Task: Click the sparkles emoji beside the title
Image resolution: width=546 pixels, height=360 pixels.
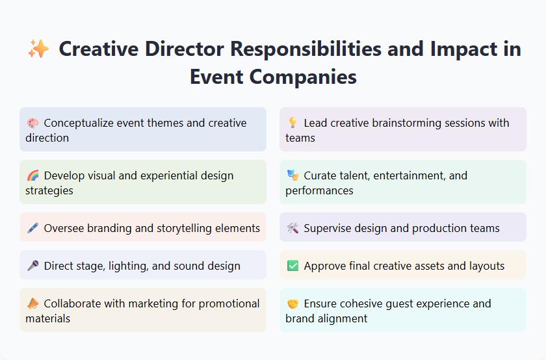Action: point(38,49)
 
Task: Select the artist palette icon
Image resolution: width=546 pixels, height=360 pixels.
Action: point(32,123)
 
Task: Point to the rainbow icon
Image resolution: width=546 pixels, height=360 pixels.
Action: point(32,175)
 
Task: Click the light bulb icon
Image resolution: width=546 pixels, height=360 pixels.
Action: point(292,123)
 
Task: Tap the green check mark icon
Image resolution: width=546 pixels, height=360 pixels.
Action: point(292,266)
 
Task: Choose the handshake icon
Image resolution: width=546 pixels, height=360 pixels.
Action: point(292,303)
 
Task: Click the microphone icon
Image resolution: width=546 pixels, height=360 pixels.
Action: point(32,266)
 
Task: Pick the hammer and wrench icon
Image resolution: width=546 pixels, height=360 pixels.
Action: point(292,228)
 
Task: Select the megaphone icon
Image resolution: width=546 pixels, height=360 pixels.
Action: point(32,303)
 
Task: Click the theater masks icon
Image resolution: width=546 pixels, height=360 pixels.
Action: point(292,175)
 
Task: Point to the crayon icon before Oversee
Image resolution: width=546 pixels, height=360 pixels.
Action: point(32,228)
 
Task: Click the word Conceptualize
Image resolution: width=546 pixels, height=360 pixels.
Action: point(81,123)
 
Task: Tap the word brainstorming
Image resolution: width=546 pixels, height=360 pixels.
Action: point(404,123)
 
